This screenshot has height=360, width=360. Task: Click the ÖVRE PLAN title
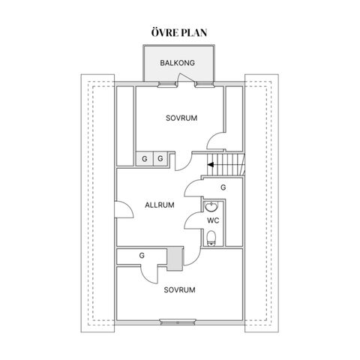[x=179, y=32]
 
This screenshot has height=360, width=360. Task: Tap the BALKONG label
[x=177, y=63]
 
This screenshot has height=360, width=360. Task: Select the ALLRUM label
[x=160, y=205]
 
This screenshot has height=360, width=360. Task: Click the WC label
[x=213, y=220]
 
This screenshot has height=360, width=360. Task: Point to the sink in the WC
[x=211, y=206]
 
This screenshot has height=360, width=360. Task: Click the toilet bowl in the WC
[x=211, y=238]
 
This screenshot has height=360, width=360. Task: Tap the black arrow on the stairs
[x=211, y=165]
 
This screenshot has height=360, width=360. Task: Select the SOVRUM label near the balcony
[x=181, y=118]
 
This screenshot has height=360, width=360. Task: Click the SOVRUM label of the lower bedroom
[x=179, y=290]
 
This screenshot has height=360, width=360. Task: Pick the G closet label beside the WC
[x=223, y=187]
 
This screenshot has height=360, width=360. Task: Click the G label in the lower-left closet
[x=142, y=256]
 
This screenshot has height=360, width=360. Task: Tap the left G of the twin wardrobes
[x=145, y=159]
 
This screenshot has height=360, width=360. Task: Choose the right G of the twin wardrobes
[x=160, y=158]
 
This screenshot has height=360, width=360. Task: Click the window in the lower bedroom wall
[x=178, y=322]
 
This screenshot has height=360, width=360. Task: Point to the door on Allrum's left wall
[x=124, y=209]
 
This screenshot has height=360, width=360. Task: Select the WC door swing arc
[x=192, y=220]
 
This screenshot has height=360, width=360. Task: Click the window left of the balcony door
[x=166, y=85]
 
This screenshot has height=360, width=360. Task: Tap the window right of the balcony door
[x=205, y=85]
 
